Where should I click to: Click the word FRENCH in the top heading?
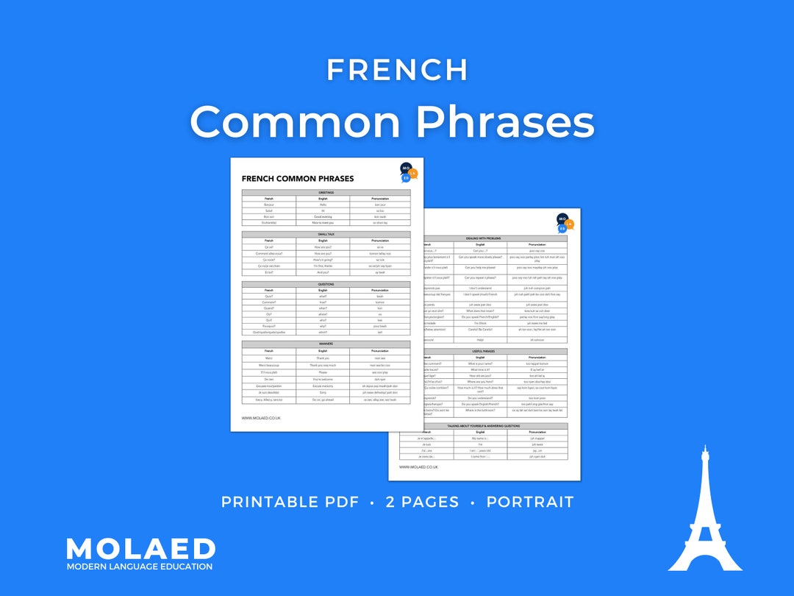[x=397, y=70]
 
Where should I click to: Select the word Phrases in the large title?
[x=501, y=121]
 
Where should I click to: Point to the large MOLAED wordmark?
[x=140, y=549]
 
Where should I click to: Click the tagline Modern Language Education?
[x=140, y=567]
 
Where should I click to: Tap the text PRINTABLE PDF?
[x=290, y=503]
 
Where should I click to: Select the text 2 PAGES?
[x=422, y=503]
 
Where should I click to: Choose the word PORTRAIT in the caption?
[x=529, y=503]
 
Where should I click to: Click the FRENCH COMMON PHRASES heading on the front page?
[x=298, y=179]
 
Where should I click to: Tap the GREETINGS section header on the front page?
[x=326, y=193]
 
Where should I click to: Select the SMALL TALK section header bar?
[x=326, y=234]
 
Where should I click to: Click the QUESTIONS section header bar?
[x=326, y=284]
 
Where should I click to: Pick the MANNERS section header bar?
[x=326, y=343]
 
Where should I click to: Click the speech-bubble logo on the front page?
[x=408, y=173]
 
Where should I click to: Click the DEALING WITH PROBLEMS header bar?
[x=482, y=238]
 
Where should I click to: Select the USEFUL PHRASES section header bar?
[x=482, y=351]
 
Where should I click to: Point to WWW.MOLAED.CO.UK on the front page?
[x=261, y=418]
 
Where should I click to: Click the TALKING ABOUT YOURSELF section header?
[x=482, y=425]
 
